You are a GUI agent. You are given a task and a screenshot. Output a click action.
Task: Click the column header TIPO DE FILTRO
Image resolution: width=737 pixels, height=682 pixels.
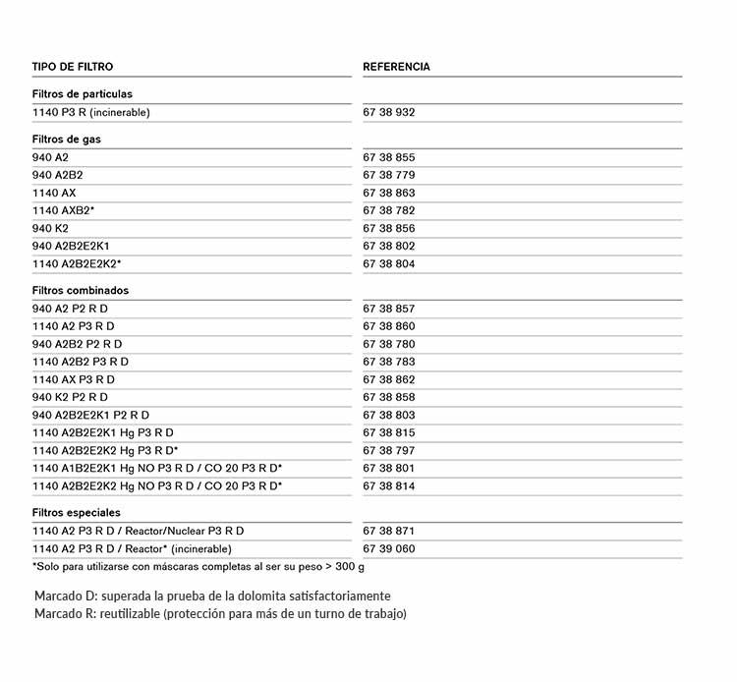(x=73, y=67)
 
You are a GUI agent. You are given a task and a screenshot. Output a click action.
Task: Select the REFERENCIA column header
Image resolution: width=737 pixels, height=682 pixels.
(x=396, y=67)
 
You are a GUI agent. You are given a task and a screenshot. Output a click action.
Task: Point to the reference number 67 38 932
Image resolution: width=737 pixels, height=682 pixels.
(x=389, y=113)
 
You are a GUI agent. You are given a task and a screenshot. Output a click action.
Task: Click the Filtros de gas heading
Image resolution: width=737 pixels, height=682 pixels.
(x=66, y=140)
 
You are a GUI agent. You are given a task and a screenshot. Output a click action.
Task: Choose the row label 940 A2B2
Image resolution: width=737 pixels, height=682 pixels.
(x=58, y=175)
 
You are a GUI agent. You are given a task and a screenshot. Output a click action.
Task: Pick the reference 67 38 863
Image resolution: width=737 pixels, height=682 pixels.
(x=389, y=193)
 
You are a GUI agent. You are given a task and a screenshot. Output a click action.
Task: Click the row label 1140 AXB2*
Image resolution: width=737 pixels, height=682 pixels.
(x=64, y=210)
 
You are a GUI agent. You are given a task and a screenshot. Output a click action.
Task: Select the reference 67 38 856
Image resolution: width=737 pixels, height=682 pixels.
(x=389, y=228)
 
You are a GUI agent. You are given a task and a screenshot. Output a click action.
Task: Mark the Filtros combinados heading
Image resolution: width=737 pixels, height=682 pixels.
(x=81, y=291)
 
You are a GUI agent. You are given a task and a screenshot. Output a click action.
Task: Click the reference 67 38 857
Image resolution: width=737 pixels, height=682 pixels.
(x=389, y=309)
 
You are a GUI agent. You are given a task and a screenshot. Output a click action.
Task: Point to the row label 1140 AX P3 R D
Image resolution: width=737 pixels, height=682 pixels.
(x=74, y=379)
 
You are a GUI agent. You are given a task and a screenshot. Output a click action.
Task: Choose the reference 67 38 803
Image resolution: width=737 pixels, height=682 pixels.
(x=389, y=415)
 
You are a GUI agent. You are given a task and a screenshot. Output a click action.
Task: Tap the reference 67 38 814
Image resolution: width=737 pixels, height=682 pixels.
(x=389, y=485)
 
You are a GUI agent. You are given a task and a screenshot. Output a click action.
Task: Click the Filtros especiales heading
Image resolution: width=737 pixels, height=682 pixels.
(x=77, y=513)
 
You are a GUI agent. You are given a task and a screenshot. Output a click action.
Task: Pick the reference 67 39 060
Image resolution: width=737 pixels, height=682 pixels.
(x=389, y=548)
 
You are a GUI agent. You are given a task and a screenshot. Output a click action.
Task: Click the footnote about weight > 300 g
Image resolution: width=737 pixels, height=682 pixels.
(x=198, y=566)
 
